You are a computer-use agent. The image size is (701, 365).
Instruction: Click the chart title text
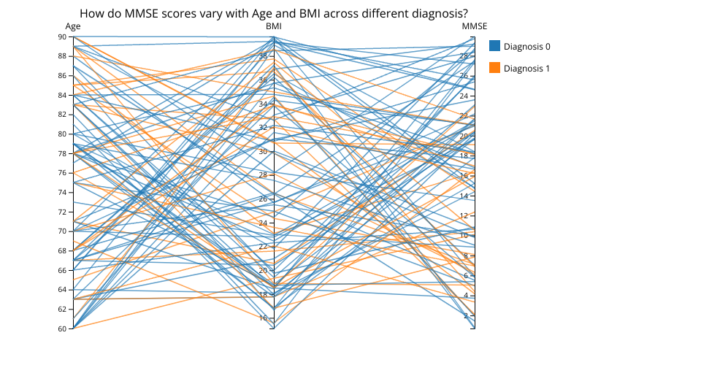click(274, 13)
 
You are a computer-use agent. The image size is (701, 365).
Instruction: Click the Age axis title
click(73, 26)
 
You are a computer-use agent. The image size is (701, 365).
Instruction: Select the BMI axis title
click(274, 26)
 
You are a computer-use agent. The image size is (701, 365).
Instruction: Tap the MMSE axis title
click(474, 26)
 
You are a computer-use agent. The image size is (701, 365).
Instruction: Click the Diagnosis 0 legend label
click(526, 46)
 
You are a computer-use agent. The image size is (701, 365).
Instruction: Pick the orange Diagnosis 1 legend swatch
click(495, 68)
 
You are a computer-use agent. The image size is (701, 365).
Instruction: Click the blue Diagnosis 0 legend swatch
click(495, 46)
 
